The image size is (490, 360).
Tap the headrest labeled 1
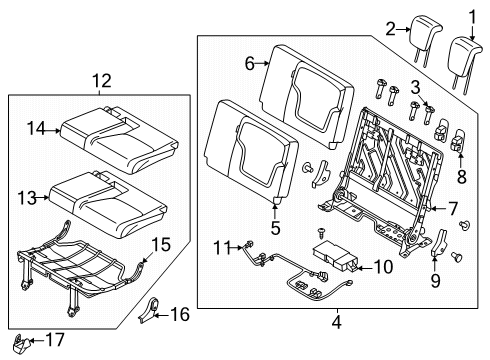467,55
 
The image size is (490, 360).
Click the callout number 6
250,62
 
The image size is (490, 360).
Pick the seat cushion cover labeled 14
105,127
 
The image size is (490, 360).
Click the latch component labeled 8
460,142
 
